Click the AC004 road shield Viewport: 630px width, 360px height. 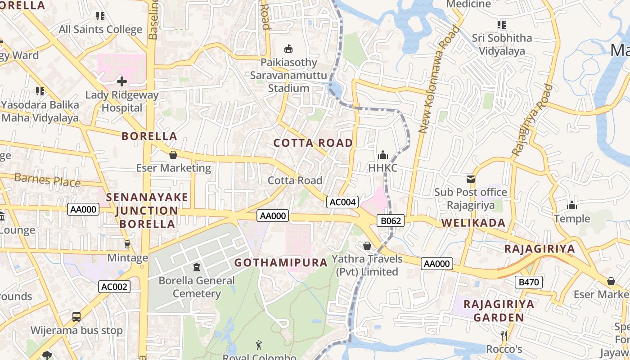[342, 202]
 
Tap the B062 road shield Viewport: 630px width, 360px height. [390, 220]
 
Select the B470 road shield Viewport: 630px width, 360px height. [528, 282]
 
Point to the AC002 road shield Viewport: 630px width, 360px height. [114, 287]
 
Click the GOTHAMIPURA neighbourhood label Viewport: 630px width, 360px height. [281, 262]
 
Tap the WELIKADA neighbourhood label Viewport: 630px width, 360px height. [473, 223]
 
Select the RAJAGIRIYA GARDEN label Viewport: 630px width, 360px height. [499, 310]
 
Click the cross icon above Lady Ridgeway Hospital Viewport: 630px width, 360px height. [121, 81]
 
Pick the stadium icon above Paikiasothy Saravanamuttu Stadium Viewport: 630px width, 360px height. [288, 49]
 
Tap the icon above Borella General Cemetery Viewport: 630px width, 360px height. [197, 267]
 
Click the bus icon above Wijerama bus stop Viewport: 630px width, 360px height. [76, 317]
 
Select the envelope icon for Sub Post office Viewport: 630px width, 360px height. [471, 179]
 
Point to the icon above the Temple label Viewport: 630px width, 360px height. [572, 206]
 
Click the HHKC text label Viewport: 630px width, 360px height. [383, 168]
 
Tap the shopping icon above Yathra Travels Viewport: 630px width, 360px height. [367, 246]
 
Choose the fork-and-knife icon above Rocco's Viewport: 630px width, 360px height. [504, 335]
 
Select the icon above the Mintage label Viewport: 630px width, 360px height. [127, 244]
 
